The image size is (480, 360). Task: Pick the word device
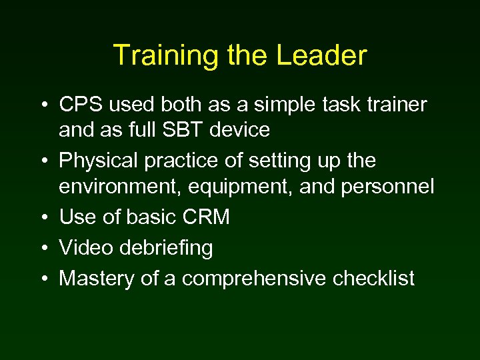[x=240, y=129]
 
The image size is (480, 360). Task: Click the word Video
[x=85, y=248]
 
